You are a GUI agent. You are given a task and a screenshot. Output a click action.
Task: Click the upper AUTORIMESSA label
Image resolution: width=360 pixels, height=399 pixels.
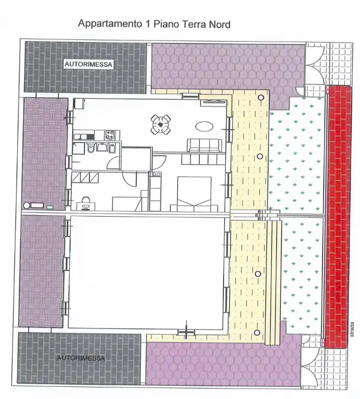coord(89,64)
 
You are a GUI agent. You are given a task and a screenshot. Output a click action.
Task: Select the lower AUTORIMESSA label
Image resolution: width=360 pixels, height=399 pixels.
coord(81,358)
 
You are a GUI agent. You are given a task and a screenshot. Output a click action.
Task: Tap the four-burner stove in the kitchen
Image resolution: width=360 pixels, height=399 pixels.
coord(110,134)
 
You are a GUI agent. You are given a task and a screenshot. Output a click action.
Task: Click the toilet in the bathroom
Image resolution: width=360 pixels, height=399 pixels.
coord(90,148)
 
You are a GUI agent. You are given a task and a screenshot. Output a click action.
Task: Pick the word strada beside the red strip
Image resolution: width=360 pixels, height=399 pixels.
coord(352,330)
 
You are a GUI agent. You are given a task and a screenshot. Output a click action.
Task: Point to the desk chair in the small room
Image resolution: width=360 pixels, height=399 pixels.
coord(85,201)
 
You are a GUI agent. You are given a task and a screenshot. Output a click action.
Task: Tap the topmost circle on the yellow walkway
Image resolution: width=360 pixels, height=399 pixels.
coord(260,98)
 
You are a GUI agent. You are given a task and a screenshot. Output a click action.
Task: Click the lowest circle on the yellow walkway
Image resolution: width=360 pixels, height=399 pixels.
coord(258,332)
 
